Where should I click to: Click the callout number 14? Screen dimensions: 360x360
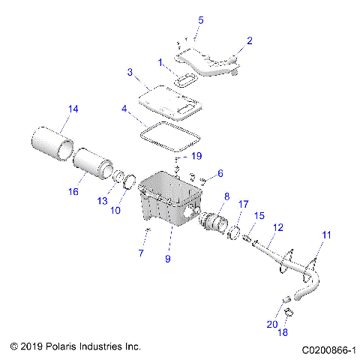[72, 109]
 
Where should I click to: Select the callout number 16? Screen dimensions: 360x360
[73, 192]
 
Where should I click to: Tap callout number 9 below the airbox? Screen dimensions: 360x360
[168, 259]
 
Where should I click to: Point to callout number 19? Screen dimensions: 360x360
[196, 156]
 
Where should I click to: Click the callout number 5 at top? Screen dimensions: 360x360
[200, 19]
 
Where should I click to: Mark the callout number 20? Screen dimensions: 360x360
[292, 324]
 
